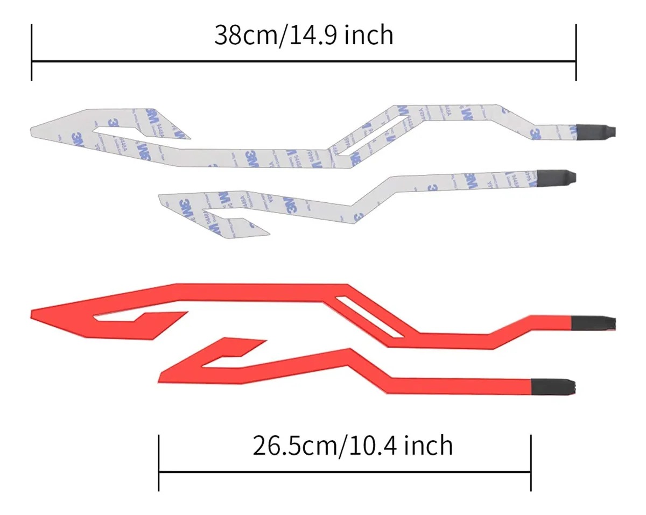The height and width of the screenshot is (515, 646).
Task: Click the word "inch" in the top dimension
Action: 369,36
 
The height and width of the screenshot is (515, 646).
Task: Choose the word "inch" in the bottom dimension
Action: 429,446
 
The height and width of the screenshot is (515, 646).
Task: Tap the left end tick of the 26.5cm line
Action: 159,463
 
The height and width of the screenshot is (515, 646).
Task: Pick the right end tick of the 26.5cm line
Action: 531,463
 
